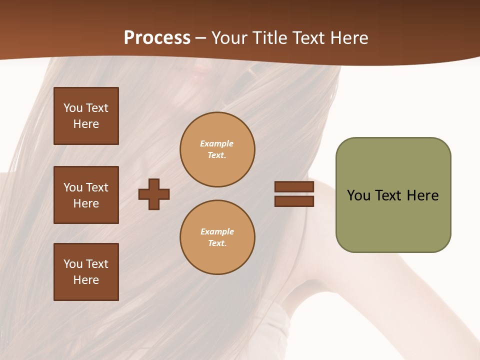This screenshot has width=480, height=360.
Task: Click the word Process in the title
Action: (157, 38)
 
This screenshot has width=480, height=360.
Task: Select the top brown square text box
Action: (86, 116)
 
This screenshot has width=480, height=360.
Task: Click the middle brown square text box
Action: (86, 195)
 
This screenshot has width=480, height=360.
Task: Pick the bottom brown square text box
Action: (86, 272)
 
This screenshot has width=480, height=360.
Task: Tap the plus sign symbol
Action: (154, 194)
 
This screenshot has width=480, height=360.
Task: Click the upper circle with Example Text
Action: (217, 149)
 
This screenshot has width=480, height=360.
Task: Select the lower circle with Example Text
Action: (217, 237)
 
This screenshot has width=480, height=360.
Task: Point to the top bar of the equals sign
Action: (294, 187)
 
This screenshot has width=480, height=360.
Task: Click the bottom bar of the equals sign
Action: (294, 201)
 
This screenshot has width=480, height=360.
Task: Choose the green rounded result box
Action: (393, 195)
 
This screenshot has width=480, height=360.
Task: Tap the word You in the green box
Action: (358, 195)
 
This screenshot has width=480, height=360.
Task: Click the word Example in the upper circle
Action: (217, 143)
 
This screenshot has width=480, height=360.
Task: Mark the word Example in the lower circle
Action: (217, 231)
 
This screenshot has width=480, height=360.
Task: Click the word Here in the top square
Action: (86, 124)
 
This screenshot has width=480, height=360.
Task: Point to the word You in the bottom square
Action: (73, 264)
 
